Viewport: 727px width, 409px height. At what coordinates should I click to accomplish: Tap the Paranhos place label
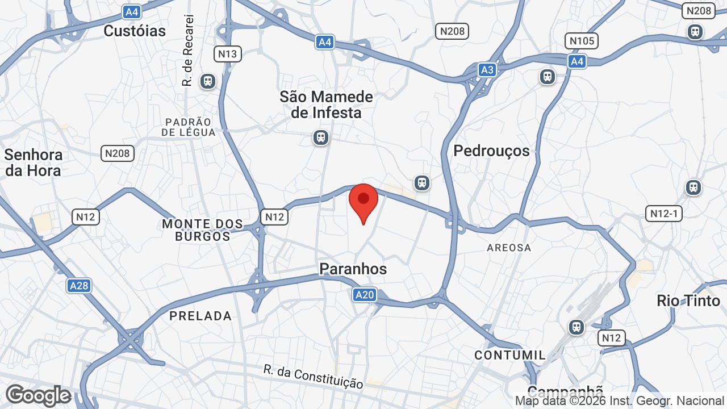pos(353,269)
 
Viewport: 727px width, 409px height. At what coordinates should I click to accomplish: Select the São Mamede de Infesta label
pos(326,105)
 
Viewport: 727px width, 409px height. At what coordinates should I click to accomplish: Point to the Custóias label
pos(135,31)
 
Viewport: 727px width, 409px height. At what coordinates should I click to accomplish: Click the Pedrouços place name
pos(491,151)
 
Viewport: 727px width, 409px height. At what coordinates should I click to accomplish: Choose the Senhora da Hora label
pos(34,162)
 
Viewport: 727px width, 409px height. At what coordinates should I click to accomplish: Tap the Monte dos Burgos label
pos(202,230)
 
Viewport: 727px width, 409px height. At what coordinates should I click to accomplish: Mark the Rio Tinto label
pos(688,301)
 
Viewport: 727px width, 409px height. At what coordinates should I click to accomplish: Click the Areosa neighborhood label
pos(509,248)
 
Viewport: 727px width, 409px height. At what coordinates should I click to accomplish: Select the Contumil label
pos(510,355)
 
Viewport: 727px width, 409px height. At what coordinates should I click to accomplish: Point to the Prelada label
pos(200,316)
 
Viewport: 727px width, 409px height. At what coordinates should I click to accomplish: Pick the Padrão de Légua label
pos(189,127)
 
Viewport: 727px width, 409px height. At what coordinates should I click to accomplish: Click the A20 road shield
pos(364,294)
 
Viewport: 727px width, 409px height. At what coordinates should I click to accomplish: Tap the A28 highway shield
pos(78,285)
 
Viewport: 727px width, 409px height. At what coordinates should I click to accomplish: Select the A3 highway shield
pos(487,69)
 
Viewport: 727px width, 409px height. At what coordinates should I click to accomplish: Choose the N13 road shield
pos(228,54)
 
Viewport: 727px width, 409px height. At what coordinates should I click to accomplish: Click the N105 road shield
pos(582,41)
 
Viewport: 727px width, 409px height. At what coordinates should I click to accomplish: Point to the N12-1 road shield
pos(664,214)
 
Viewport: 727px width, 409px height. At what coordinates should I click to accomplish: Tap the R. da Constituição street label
pos(313,377)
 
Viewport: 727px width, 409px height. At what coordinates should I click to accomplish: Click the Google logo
pos(38,395)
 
